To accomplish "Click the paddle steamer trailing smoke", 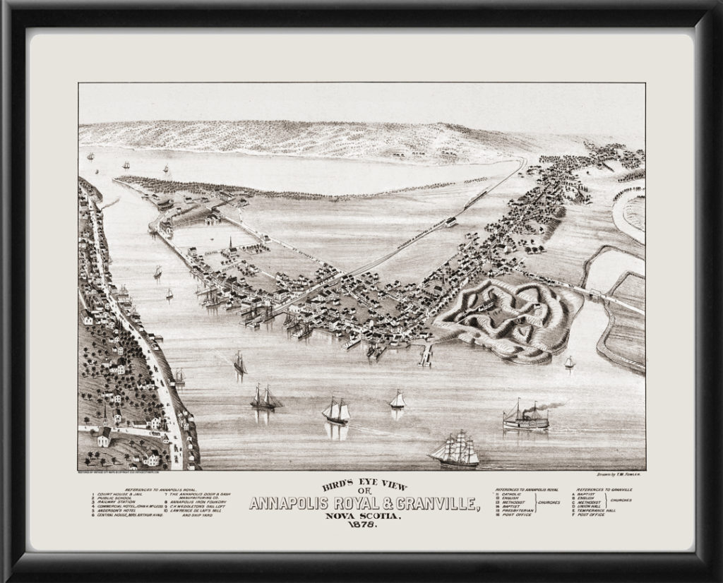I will tap(525, 418).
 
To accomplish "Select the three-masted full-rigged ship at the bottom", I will tap(455, 451).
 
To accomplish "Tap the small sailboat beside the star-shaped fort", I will tap(569, 363).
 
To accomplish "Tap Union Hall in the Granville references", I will tap(594, 506).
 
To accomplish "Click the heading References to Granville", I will tap(603, 488).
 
